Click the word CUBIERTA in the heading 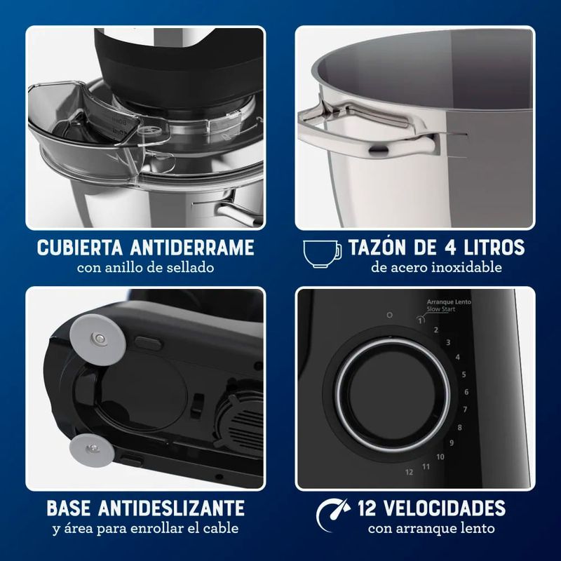80,248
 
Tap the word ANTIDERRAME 192,248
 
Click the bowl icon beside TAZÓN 322,254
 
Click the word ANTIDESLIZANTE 171,508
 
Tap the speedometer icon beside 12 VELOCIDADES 332,515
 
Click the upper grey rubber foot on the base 97,339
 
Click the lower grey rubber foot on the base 93,450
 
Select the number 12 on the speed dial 410,472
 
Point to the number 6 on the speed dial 466,392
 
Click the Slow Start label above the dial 441,309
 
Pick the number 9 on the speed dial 452,443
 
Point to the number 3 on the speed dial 448,343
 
